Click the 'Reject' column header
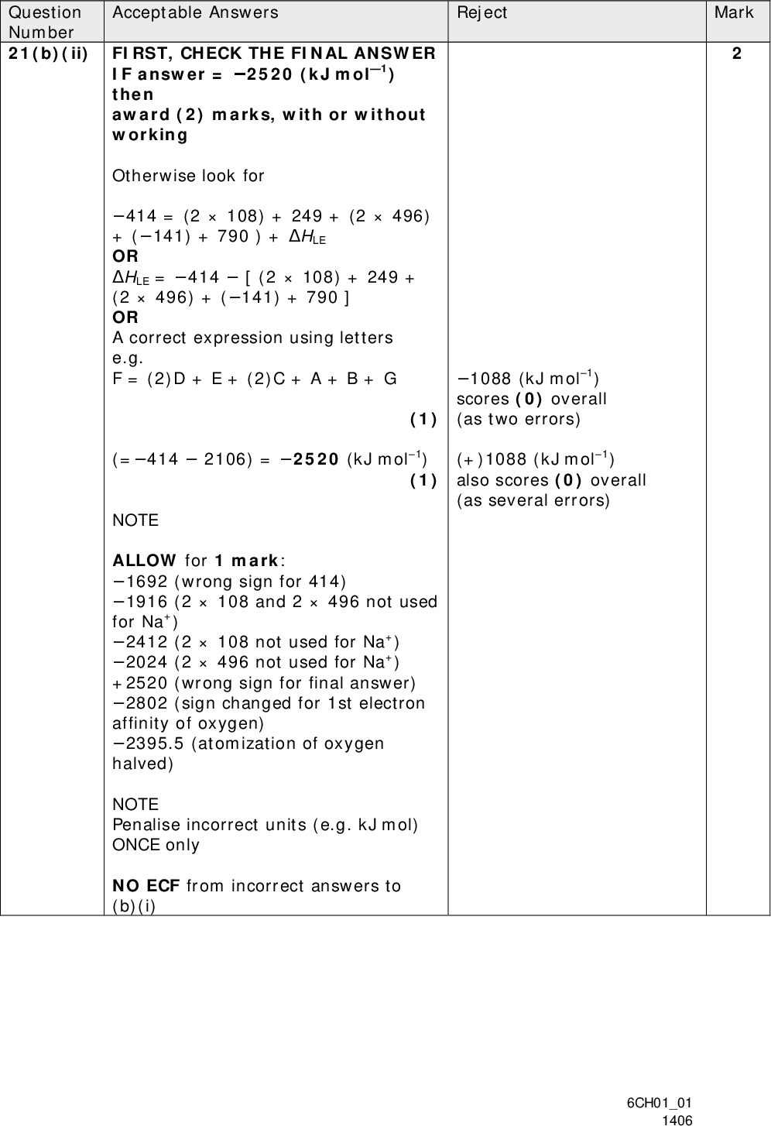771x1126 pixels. pyautogui.click(x=481, y=12)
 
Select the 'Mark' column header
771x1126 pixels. pyautogui.click(x=734, y=12)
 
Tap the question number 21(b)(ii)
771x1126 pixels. pyautogui.click(x=48, y=53)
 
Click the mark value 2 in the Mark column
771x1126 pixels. pyautogui.click(x=737, y=53)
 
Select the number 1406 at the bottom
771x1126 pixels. pyautogui.click(x=676, y=1119)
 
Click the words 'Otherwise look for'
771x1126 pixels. pyautogui.click(x=188, y=176)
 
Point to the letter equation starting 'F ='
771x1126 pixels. pyautogui.click(x=255, y=379)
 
